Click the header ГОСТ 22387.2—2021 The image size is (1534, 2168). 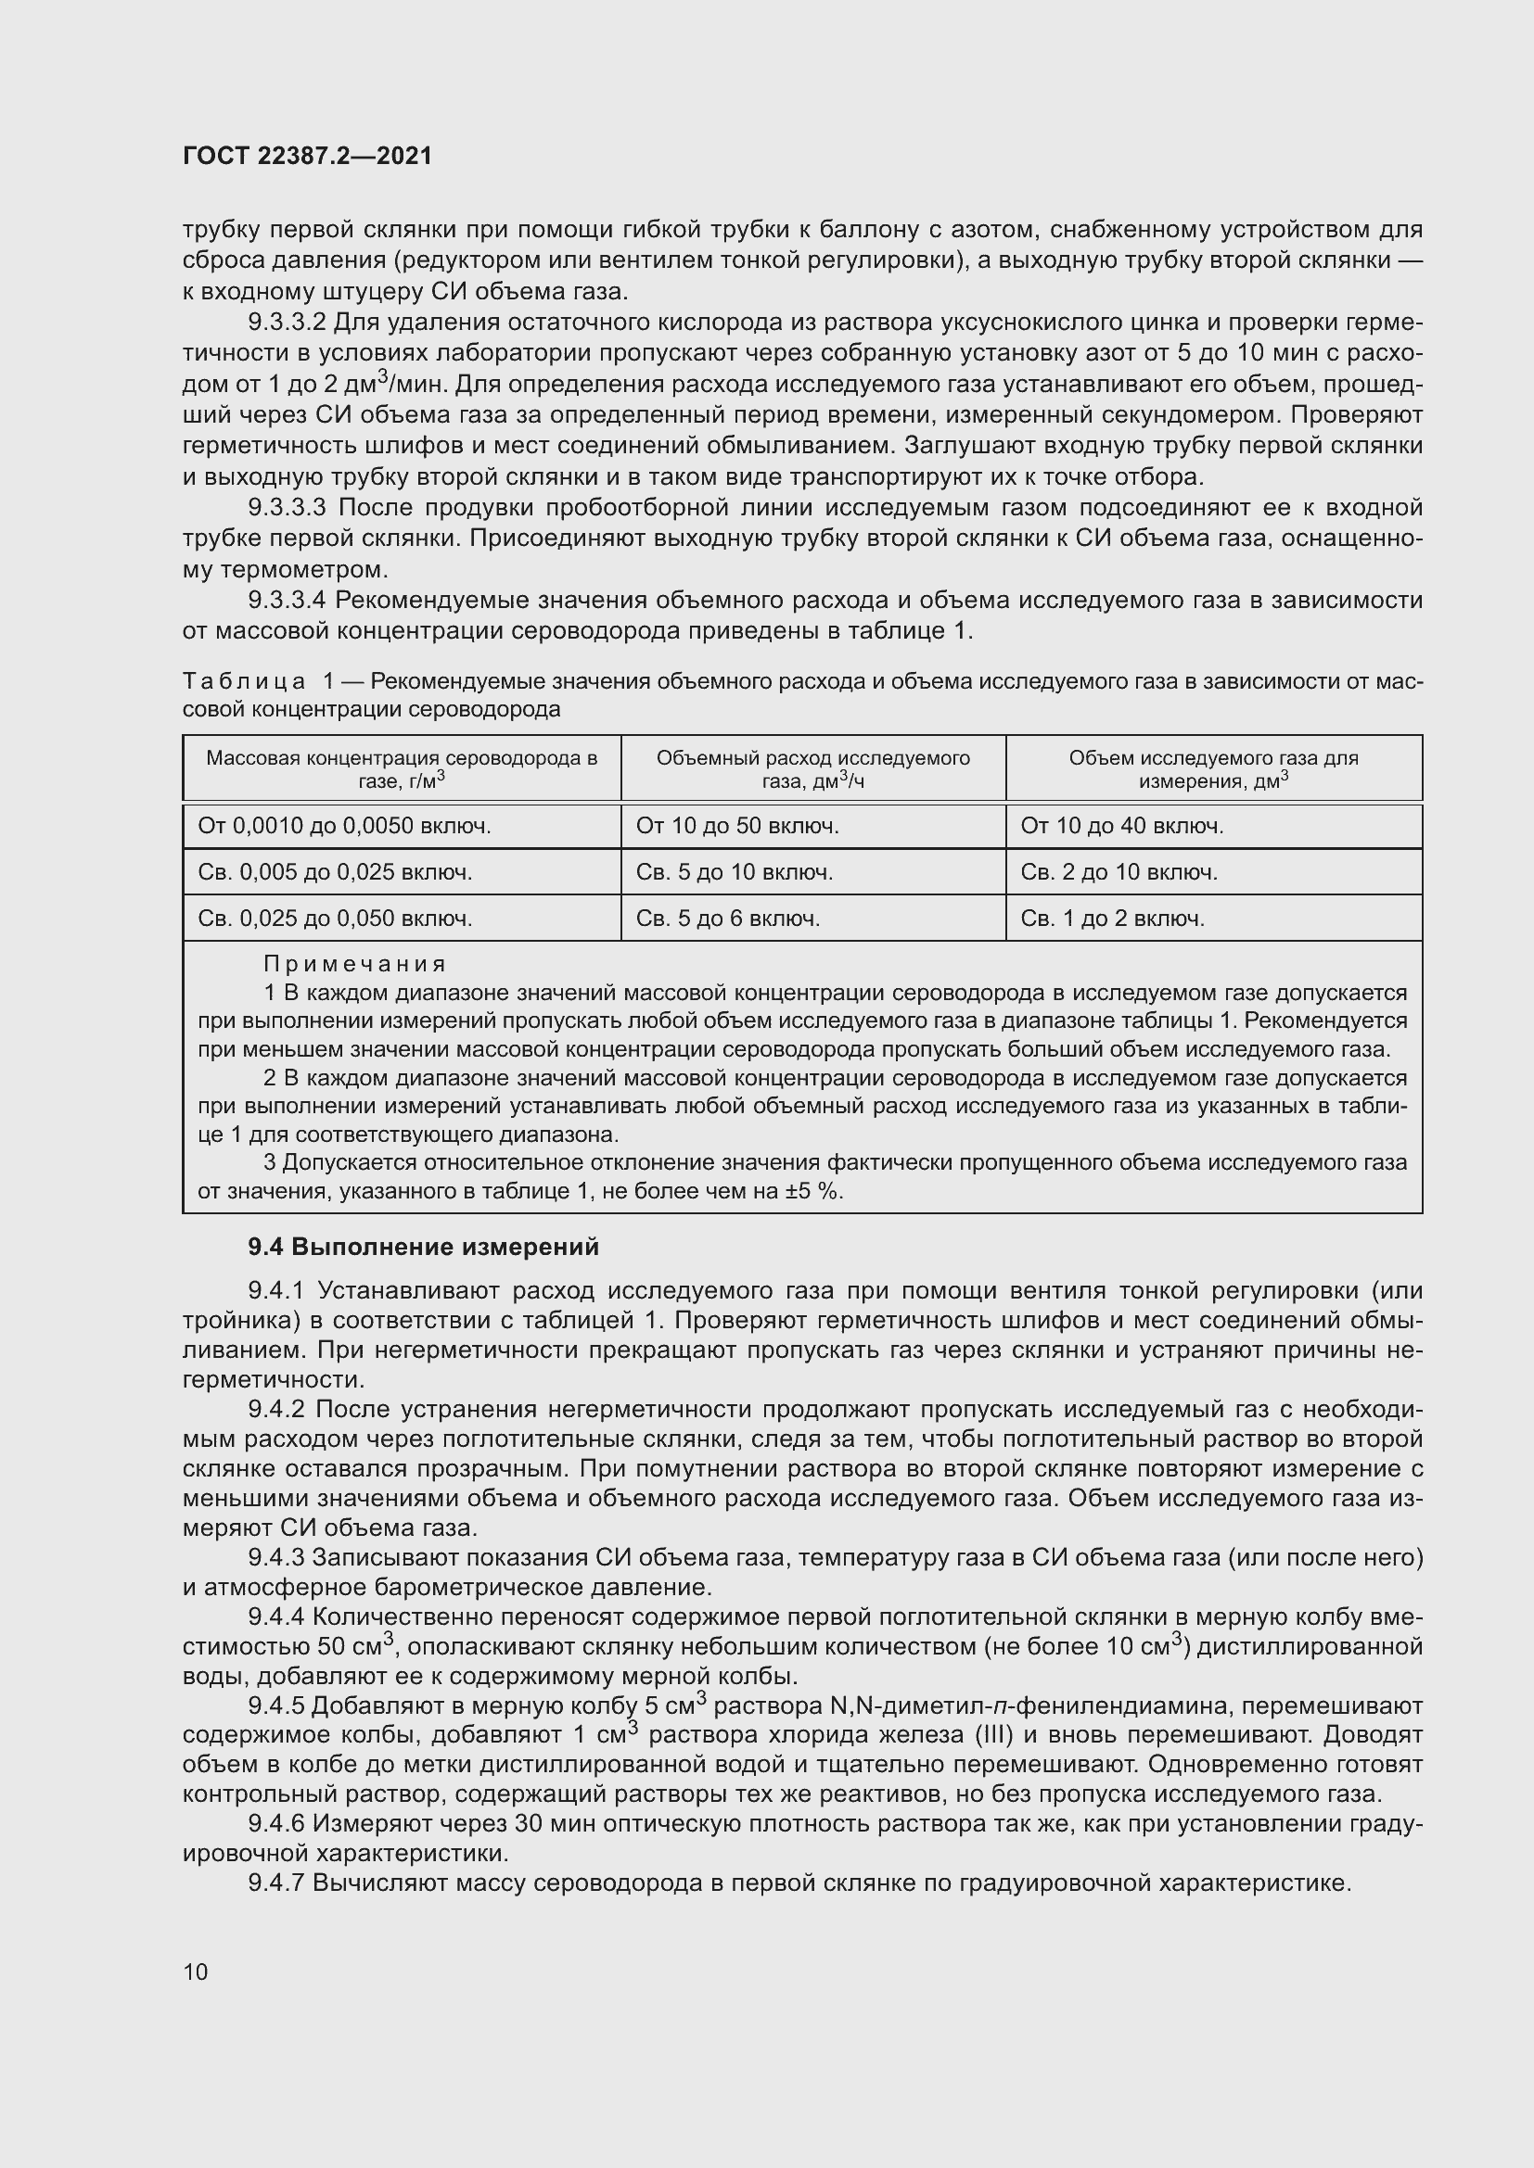(307, 156)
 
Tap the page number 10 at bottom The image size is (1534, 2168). (196, 1971)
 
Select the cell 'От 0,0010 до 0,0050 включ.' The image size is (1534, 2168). (344, 826)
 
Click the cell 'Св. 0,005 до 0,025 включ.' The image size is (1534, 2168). (335, 872)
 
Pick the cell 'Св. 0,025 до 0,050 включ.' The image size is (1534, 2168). (335, 919)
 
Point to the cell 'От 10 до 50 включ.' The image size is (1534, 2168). (736, 826)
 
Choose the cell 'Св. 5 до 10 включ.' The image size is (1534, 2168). (734, 872)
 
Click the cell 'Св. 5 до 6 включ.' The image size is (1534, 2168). (727, 919)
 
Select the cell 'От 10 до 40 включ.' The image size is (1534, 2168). (1121, 826)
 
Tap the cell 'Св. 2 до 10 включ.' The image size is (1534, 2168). (1119, 872)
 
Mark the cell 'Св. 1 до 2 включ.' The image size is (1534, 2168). (1112, 919)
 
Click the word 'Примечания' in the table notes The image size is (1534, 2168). (354, 964)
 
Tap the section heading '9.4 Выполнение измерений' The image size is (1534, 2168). (423, 1248)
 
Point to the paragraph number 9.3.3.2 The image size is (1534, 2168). (288, 323)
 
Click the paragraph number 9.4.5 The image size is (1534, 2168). (276, 1706)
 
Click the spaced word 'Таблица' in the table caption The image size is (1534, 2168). (244, 682)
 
